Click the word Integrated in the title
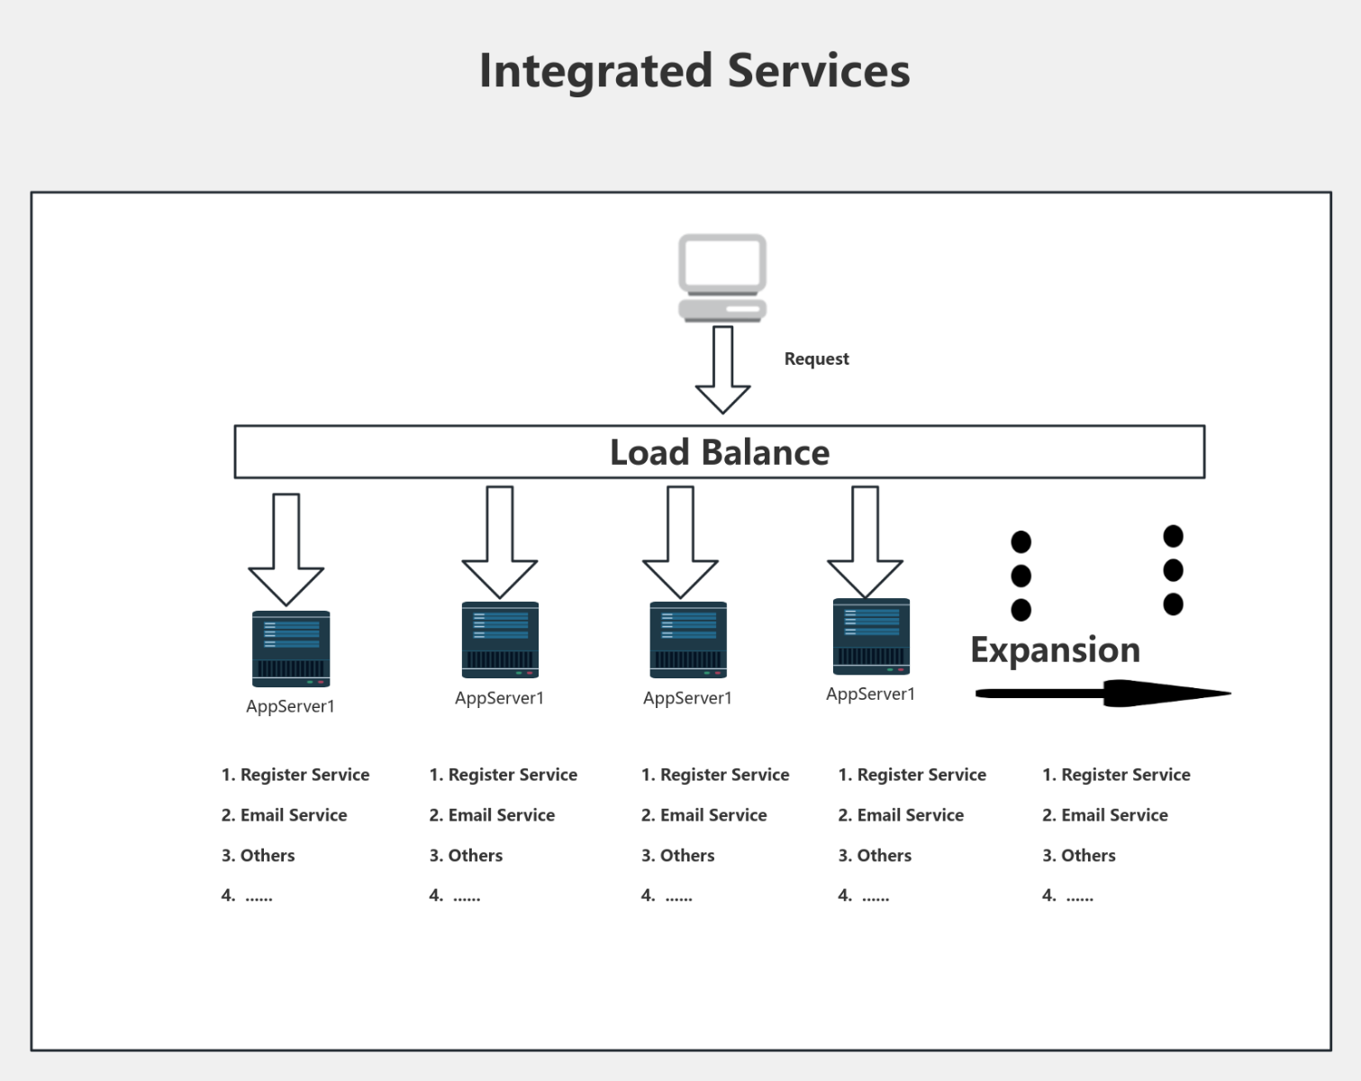coord(595,71)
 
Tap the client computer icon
coord(721,277)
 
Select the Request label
coord(816,359)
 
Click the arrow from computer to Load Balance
coord(722,370)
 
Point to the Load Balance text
coord(719,452)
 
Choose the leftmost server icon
coord(291,649)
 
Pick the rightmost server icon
coord(871,636)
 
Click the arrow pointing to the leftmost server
coord(286,550)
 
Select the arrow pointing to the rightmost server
coord(865,542)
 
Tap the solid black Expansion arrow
coord(1103,694)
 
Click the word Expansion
coord(1055,650)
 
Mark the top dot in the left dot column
coord(1021,541)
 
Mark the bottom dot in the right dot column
coord(1173,604)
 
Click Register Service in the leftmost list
coord(304,775)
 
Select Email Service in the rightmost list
coord(1114,815)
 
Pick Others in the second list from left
coord(475,856)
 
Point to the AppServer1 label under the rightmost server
coord(870,694)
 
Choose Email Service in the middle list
coord(713,815)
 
